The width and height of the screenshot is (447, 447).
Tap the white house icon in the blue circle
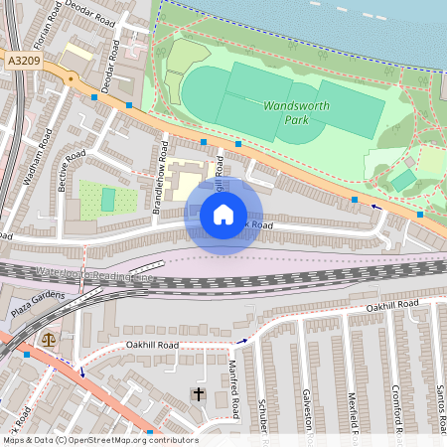223,215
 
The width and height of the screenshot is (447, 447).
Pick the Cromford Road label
395,407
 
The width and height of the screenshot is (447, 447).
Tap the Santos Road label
438,407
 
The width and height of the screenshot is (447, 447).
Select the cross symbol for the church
198,395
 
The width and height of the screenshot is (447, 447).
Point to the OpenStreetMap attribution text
99,440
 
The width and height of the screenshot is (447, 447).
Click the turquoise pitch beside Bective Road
108,200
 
